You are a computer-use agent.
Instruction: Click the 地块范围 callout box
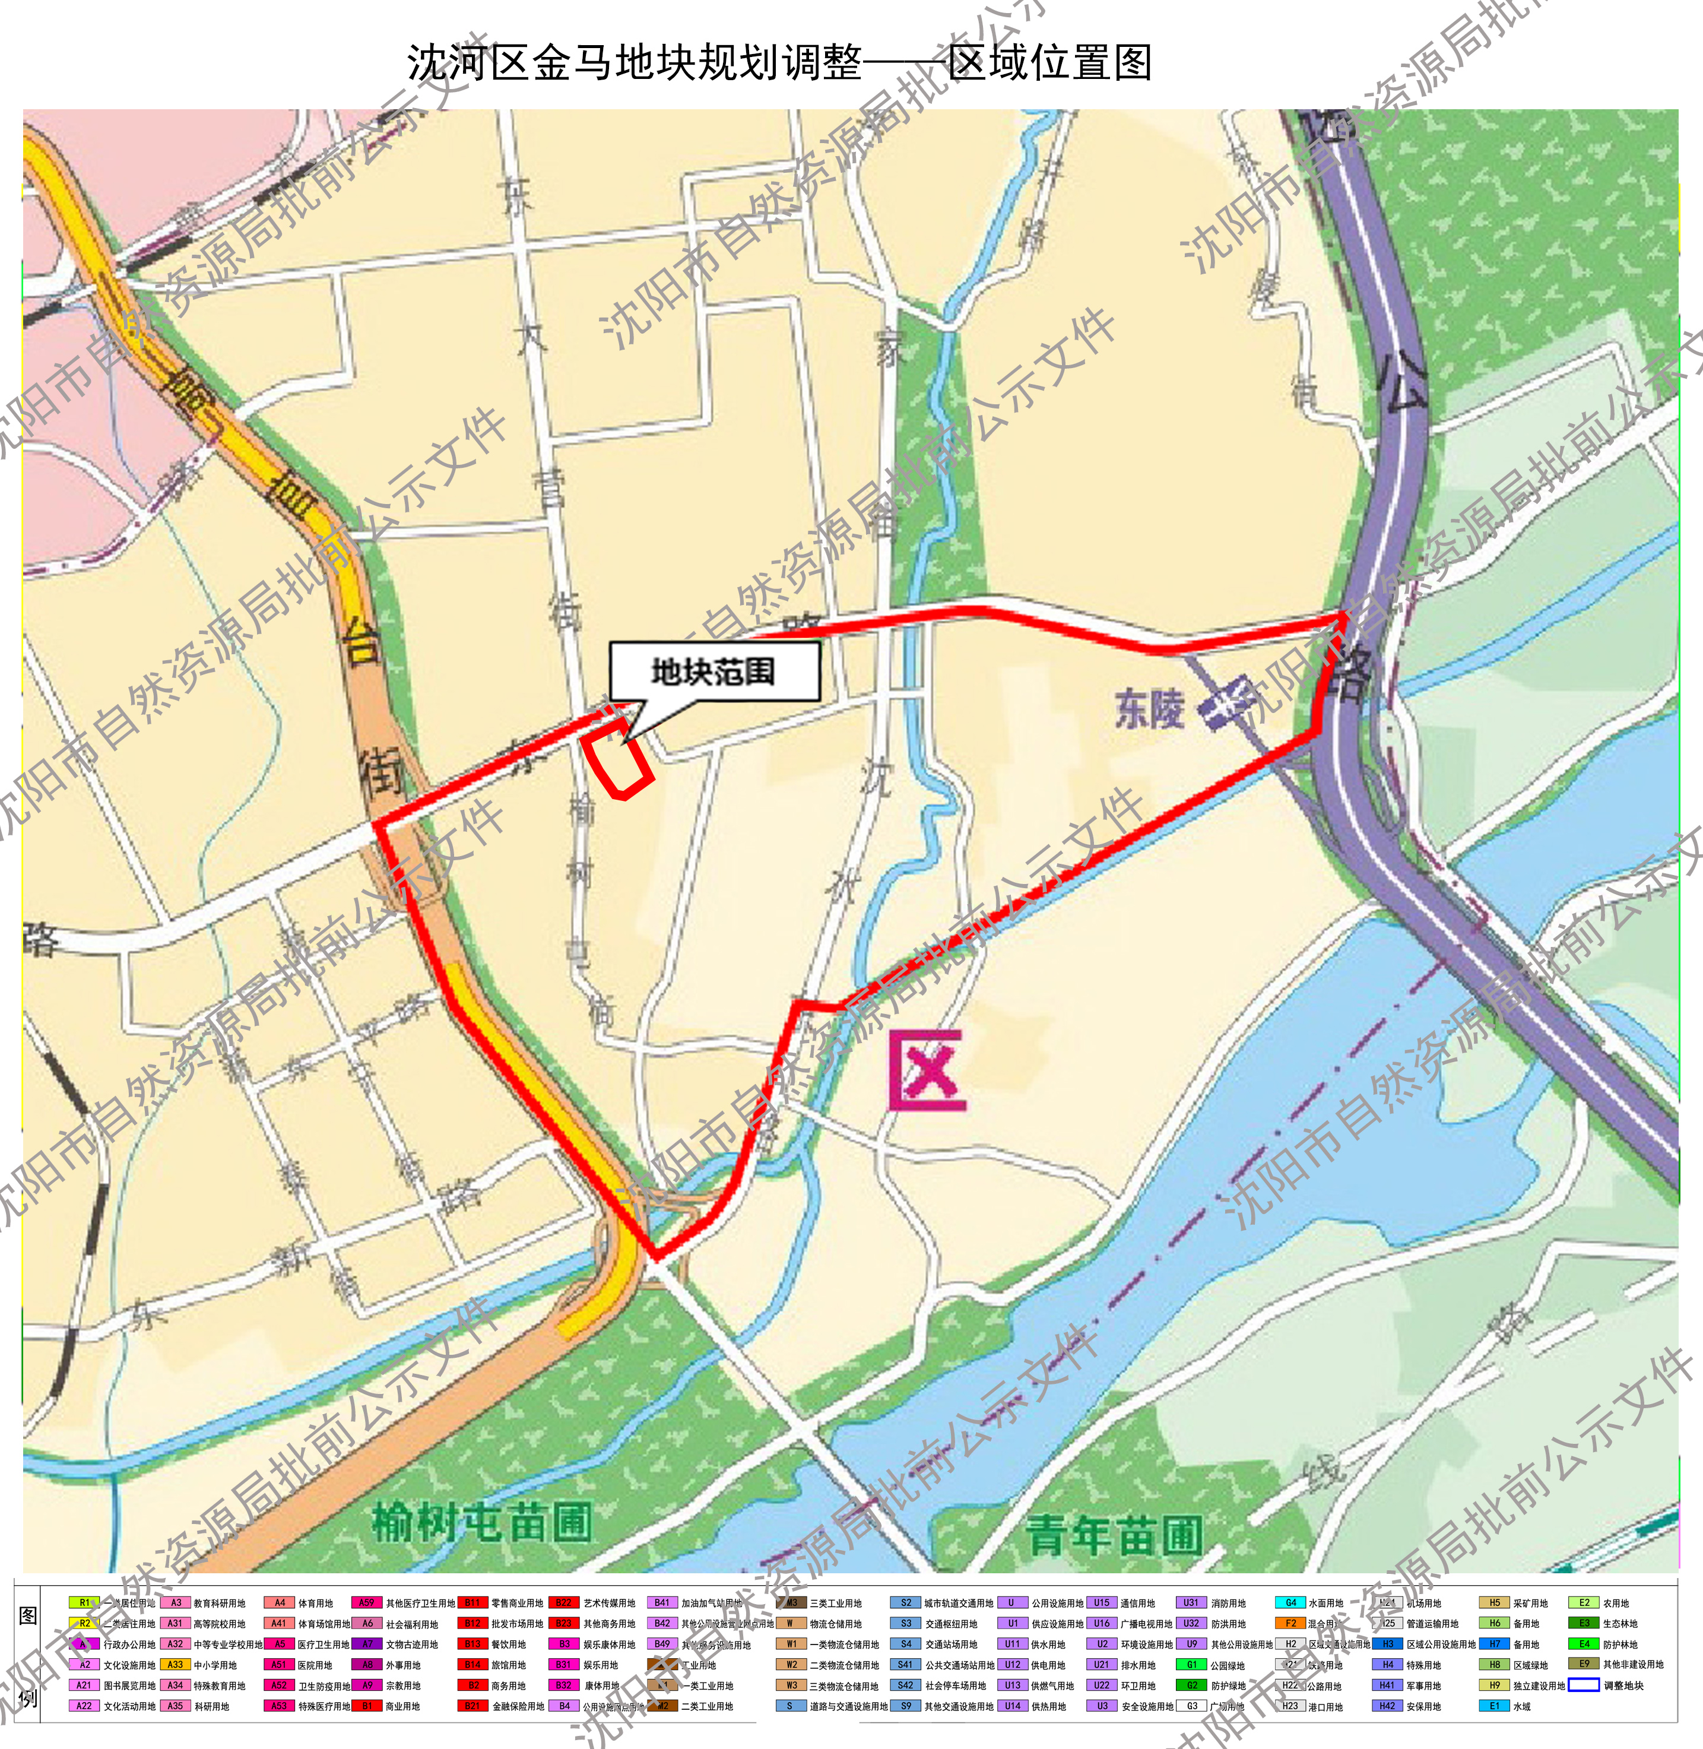[x=713, y=671]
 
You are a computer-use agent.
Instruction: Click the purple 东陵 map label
[x=1149, y=708]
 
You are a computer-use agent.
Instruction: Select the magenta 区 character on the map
[x=928, y=1071]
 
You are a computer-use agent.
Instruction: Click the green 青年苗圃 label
[x=1114, y=1536]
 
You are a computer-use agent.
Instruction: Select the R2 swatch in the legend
[x=85, y=1624]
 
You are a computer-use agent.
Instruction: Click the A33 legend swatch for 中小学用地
[x=175, y=1665]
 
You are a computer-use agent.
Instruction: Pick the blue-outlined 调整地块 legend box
[x=1583, y=1685]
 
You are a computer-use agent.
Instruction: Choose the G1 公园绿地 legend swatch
[x=1191, y=1665]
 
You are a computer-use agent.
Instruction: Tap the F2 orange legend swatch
[x=1290, y=1624]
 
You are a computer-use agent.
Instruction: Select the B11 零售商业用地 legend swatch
[x=472, y=1603]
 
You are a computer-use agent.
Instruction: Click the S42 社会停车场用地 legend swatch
[x=905, y=1685]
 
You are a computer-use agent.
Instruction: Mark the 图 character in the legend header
[x=28, y=1615]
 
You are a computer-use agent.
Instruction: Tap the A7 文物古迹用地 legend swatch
[x=367, y=1645]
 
